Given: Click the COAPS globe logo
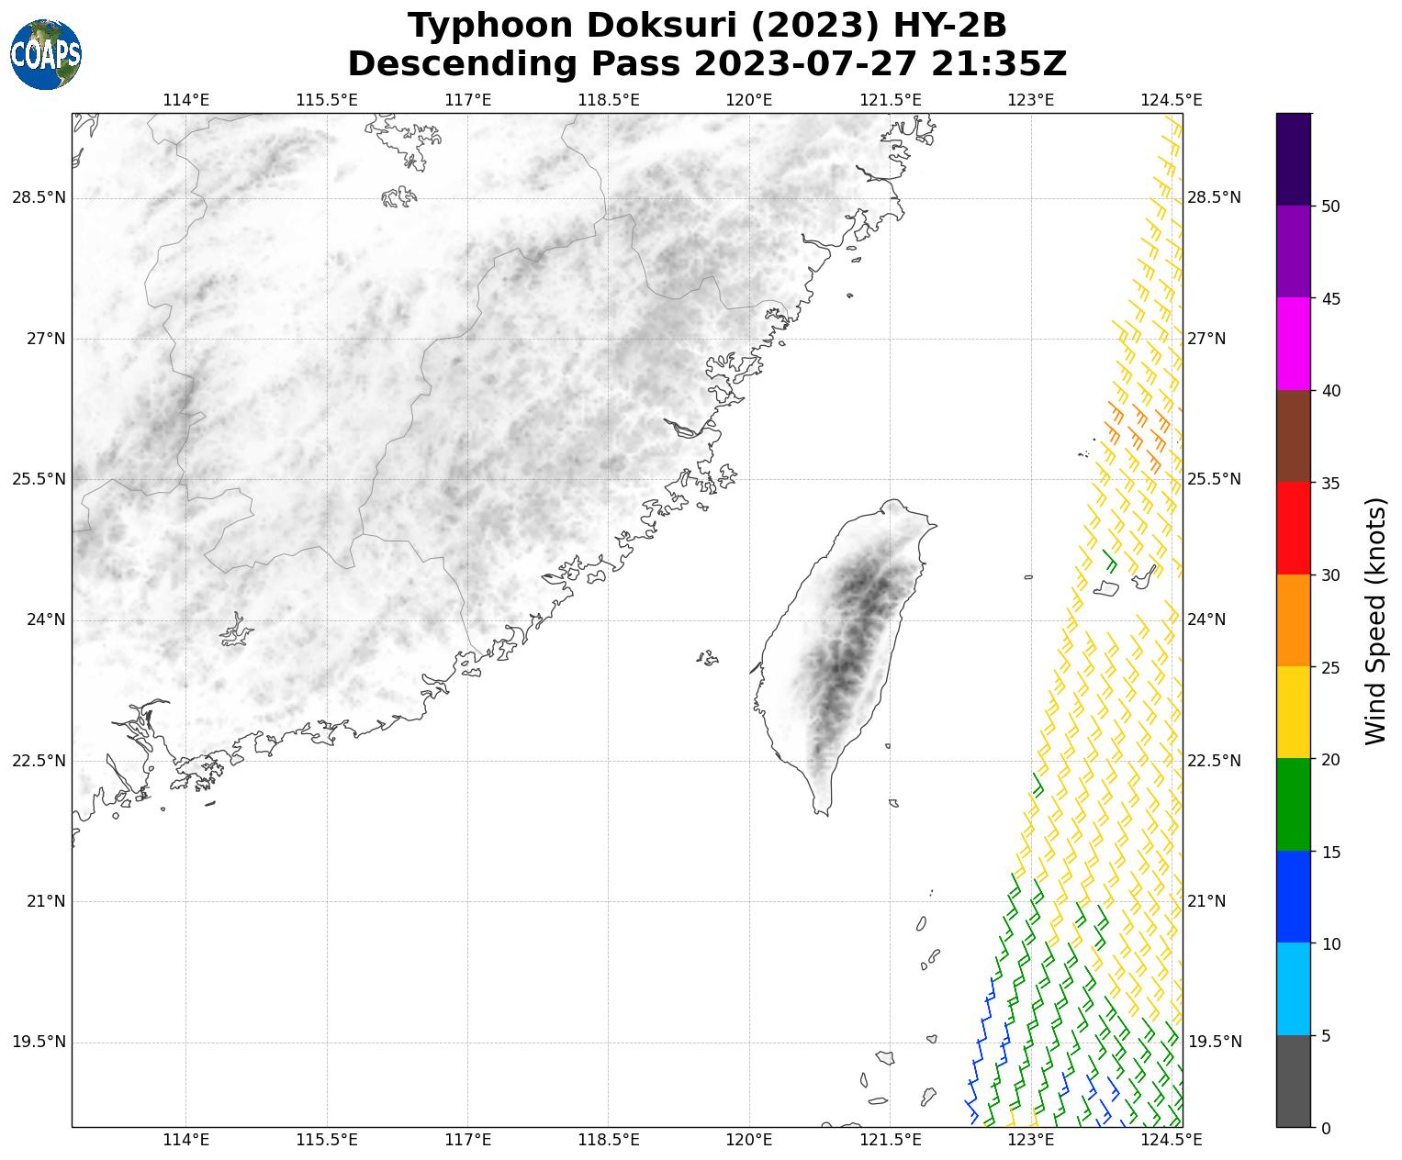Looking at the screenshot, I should (46, 55).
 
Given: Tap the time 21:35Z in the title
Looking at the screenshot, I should (999, 64).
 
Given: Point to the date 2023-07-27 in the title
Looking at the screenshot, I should (804, 64).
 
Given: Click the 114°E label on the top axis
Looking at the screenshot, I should (185, 100).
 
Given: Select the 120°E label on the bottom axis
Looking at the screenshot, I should (748, 1140).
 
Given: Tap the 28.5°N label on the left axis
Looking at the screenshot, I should (39, 198).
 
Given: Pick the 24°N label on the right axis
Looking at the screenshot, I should (1206, 619).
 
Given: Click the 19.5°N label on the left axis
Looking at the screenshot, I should (39, 1042).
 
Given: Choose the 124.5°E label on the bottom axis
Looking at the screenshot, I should (1171, 1140).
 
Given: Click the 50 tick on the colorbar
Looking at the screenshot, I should (1330, 206).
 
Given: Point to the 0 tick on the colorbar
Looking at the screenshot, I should (1325, 1128).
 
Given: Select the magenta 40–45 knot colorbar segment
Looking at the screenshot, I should (1294, 343).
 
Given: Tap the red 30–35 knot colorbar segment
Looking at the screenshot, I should (1294, 528).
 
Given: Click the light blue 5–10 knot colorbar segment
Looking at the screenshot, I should (1294, 988).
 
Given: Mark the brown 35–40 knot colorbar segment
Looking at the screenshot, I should (1294, 436).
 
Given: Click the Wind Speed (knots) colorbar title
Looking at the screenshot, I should (1374, 620).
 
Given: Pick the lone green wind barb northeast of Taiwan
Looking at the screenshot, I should (1109, 559).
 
